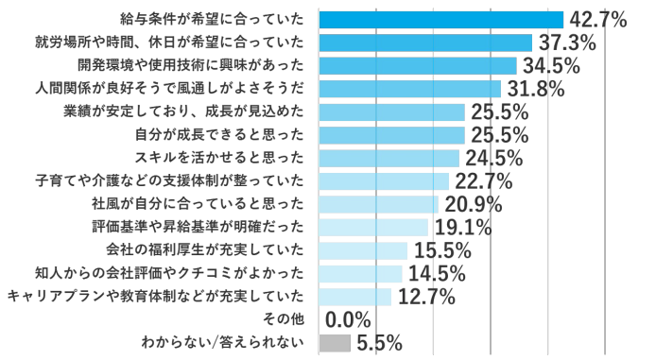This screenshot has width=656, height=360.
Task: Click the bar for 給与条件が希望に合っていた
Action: click(x=440, y=19)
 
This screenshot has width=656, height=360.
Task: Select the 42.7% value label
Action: click(x=597, y=19)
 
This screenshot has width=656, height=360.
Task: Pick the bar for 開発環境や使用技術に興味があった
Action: click(x=418, y=65)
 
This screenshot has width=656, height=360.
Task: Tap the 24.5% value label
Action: click(x=492, y=158)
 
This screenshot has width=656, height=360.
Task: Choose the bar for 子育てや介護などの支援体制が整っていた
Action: click(x=384, y=180)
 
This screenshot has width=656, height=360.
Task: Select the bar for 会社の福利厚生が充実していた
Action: click(x=363, y=250)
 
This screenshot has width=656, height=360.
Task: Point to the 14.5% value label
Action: click(x=436, y=273)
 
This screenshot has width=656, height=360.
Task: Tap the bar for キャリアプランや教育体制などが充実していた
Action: click(x=355, y=297)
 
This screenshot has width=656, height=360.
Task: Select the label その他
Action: click(x=284, y=319)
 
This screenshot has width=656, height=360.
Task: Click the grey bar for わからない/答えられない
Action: click(x=335, y=342)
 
